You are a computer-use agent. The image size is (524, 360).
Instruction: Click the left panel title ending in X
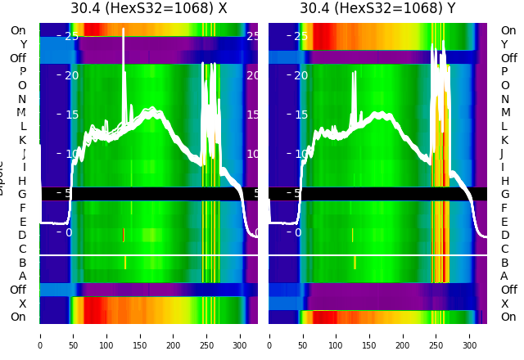[x=149, y=8]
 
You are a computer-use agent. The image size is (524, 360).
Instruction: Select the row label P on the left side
[x=22, y=72]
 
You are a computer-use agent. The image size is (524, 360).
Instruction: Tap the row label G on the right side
[x=505, y=195]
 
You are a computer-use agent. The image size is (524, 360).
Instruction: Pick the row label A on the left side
[x=22, y=277]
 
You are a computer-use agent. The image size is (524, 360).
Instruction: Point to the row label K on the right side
[x=505, y=140]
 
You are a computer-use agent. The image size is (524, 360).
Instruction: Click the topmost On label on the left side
[x=18, y=31]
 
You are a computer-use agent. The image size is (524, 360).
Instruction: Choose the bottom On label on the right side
[x=508, y=317]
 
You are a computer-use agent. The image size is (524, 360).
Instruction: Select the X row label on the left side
[x=22, y=304]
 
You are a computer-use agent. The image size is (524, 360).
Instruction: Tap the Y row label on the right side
[x=505, y=45]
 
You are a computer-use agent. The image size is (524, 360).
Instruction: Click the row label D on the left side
[x=22, y=236]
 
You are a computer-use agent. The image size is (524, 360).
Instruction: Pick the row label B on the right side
[x=505, y=263]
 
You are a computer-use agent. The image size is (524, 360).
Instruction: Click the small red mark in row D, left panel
[x=124, y=235]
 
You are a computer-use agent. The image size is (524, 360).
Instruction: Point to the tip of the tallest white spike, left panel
[x=124, y=29]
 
